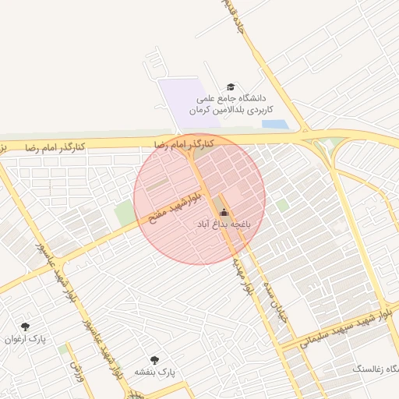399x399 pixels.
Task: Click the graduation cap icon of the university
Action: pos(230,87)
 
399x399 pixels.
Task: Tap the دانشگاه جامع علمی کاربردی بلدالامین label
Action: pos(229,104)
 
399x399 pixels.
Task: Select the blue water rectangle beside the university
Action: pos(274,124)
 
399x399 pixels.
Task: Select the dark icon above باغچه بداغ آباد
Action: pos(224,212)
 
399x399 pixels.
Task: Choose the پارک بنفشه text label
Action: pos(155,373)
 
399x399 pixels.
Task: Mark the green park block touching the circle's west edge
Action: pos(125,213)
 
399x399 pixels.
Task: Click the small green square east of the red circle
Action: pos(281,205)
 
